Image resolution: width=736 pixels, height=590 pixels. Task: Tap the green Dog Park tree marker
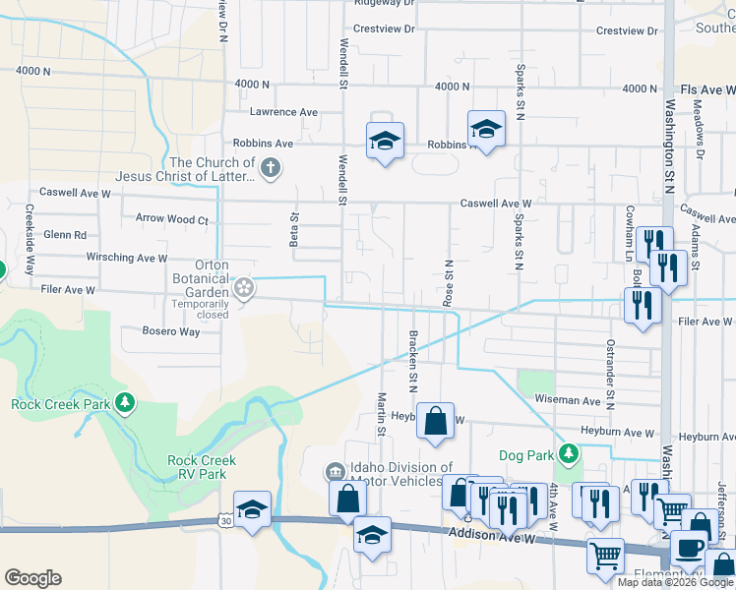[569, 453]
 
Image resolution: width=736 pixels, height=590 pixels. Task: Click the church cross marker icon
[272, 170]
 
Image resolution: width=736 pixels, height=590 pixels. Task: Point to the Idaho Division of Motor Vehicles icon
[335, 474]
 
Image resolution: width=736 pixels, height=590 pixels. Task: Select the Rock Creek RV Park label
[202, 467]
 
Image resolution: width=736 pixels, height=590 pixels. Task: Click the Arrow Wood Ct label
[172, 220]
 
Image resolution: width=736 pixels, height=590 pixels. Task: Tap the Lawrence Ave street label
[283, 113]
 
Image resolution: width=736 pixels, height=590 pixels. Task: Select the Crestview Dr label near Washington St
[627, 31]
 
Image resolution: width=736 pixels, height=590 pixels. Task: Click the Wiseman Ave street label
[567, 401]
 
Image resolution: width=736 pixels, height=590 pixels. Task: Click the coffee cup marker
[689, 547]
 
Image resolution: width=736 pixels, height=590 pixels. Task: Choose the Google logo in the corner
[33, 578]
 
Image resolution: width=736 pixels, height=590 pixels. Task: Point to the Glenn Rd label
[65, 235]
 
